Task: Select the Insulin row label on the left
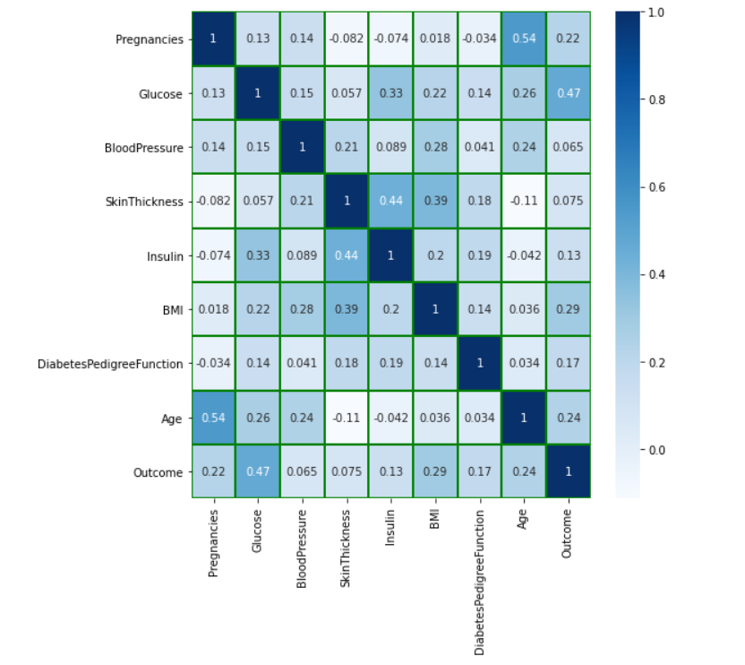pyautogui.click(x=165, y=255)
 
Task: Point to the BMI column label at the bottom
pyautogui.click(x=434, y=522)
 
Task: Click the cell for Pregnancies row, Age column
pyautogui.click(x=524, y=39)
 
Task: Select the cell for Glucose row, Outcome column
pyautogui.click(x=569, y=93)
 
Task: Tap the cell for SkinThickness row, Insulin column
pyautogui.click(x=390, y=202)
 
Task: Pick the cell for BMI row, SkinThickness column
pyautogui.click(x=347, y=309)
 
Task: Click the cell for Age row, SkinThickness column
pyautogui.click(x=347, y=418)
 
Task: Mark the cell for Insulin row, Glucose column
pyautogui.click(x=258, y=255)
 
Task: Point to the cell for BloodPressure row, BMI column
pyautogui.click(x=435, y=147)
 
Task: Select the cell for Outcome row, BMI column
pyautogui.click(x=435, y=471)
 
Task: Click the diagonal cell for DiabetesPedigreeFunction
pyautogui.click(x=479, y=364)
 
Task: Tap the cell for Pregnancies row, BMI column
pyautogui.click(x=435, y=39)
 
